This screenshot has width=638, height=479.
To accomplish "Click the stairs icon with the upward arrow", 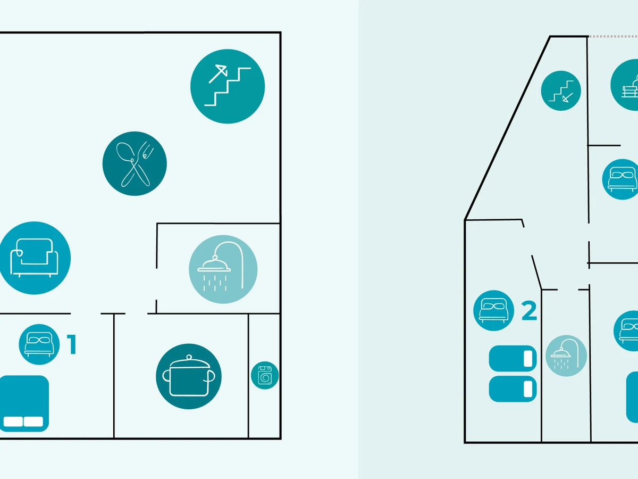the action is pos(228,86).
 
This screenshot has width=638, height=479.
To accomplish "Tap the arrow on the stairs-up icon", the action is pos(218,74).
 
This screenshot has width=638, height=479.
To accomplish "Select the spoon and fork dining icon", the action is pos(135,163).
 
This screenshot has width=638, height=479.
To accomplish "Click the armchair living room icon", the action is pos(35,258).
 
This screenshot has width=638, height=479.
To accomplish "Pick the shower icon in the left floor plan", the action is pos(223,269).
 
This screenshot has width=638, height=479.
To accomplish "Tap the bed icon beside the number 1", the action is pos(39,344).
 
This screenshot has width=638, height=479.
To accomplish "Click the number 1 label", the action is pos(72,344).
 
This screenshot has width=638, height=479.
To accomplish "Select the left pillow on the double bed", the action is pos(13,422).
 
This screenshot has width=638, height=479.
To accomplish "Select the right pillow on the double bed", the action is pos(33,422).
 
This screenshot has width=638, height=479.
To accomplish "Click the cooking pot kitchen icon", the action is pos(189,376).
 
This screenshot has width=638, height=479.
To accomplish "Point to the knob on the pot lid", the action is pos(189,357).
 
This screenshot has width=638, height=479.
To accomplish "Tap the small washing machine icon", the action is pos(265,375).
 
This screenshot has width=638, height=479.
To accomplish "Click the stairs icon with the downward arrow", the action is pos(561,90).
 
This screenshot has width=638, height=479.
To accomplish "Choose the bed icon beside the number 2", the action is pos(493,311).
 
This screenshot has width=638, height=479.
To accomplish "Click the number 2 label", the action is pos(529,311).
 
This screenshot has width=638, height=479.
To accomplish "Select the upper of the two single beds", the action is pos(513,359).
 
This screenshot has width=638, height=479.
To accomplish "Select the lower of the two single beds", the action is pos(513,389).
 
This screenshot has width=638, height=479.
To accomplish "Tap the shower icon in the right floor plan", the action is pos(566,356).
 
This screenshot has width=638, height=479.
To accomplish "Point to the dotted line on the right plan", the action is pos(614,37).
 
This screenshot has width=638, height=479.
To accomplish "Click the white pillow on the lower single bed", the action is pos(528,389).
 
